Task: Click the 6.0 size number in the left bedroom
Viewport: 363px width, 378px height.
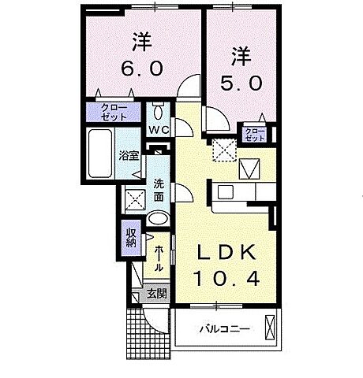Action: click(x=142, y=69)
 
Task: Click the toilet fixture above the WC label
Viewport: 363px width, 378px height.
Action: click(x=158, y=109)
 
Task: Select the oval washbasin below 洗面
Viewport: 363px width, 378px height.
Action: click(x=158, y=219)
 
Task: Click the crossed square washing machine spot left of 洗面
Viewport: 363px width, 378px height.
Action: click(x=135, y=198)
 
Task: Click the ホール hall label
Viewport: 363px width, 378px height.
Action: click(x=159, y=258)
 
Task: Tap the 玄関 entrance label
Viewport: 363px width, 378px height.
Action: click(x=156, y=295)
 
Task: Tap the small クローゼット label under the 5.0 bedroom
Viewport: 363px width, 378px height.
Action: click(x=253, y=135)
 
